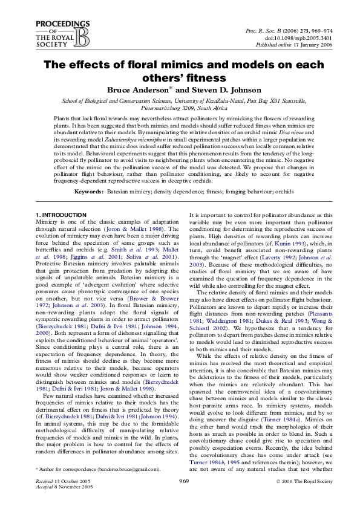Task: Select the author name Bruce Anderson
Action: coord(141,89)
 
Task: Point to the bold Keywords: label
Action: coord(88,192)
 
